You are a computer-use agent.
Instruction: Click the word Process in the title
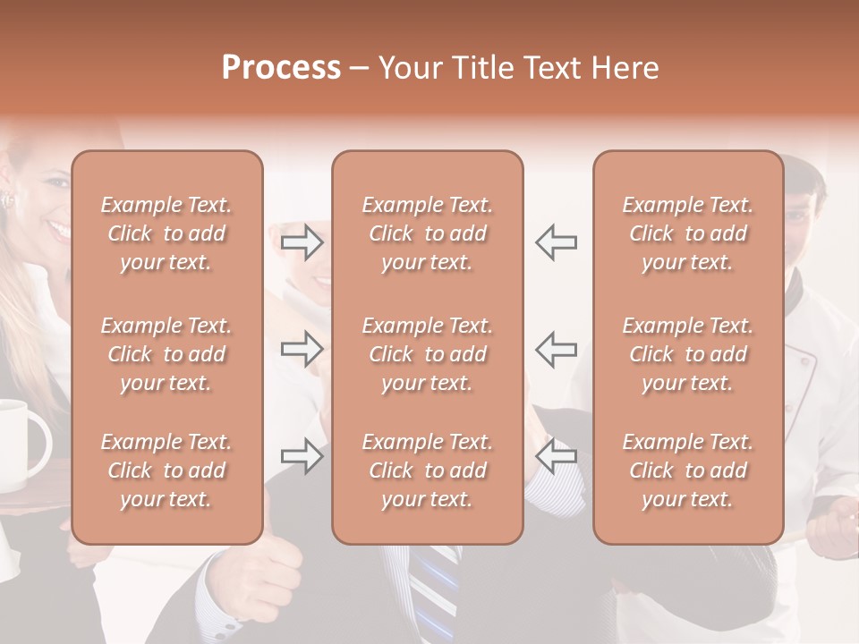[281, 68]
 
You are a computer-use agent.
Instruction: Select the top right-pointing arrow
[302, 242]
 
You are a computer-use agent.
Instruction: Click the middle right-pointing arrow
[302, 349]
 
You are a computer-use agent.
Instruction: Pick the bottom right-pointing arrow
[302, 456]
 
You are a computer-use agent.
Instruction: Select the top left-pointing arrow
[556, 242]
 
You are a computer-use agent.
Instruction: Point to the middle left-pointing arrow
[556, 349]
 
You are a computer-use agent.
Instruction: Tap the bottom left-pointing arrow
[556, 456]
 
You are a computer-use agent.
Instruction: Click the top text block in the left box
[166, 233]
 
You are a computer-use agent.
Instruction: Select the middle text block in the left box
[166, 354]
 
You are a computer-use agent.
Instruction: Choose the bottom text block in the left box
[166, 470]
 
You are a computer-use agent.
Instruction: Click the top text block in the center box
[427, 233]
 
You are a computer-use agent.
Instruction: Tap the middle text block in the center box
[427, 354]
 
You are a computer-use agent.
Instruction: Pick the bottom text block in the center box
[427, 470]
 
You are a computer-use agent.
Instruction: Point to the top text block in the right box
[687, 233]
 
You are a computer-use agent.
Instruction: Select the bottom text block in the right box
[687, 470]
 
